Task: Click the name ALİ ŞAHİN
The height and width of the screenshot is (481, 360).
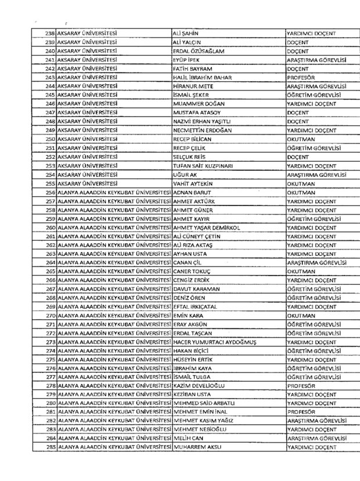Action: (x=187, y=32)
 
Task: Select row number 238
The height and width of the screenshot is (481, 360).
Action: (x=49, y=32)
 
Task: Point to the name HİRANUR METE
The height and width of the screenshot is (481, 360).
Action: (x=193, y=85)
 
